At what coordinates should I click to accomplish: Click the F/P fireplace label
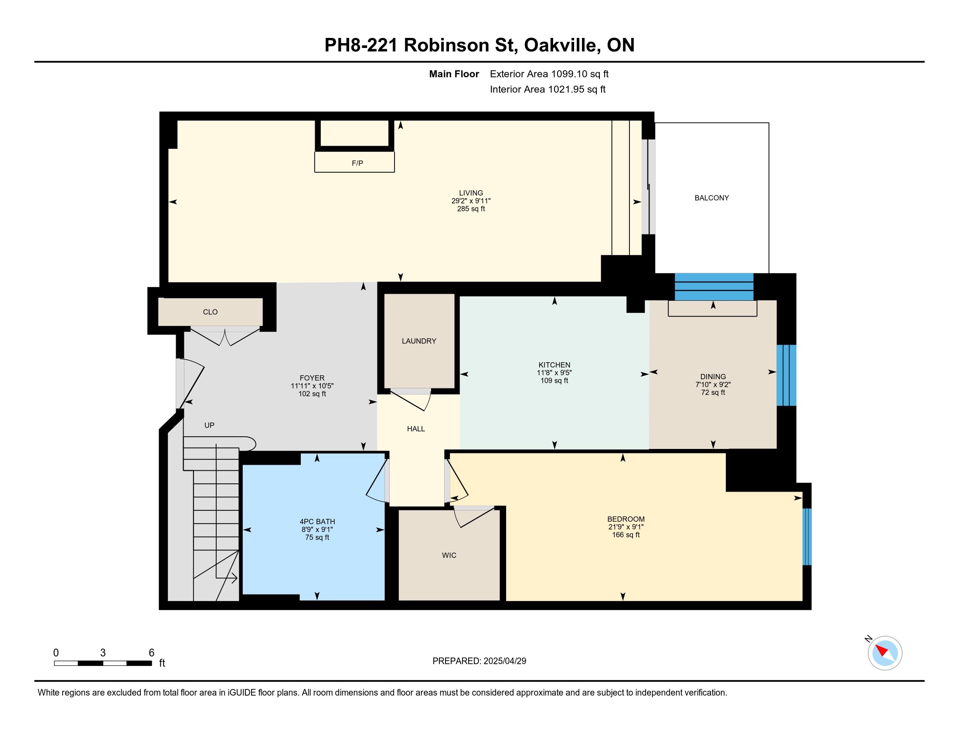tap(357, 163)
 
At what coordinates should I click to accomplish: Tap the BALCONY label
tap(711, 198)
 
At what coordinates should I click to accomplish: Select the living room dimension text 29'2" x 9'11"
tap(471, 201)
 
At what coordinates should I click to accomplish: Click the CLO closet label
tap(210, 312)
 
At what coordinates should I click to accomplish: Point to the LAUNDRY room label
tap(419, 341)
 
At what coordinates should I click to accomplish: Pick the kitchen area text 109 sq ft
tap(554, 381)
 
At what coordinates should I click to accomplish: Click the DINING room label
tap(713, 377)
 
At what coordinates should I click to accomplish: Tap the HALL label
tap(416, 429)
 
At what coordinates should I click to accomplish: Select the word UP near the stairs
tap(209, 425)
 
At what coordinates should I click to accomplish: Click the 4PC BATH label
tap(317, 521)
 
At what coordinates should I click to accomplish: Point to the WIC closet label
tap(449, 555)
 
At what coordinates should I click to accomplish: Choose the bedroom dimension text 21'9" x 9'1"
tap(626, 527)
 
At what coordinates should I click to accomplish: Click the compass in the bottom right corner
tap(885, 653)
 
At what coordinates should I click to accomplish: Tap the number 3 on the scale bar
tap(103, 653)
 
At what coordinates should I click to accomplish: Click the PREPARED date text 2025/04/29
tap(504, 661)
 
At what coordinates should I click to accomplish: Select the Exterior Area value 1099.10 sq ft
tap(580, 74)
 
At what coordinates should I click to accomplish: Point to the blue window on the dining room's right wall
tap(786, 375)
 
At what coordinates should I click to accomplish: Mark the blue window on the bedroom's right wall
tap(806, 537)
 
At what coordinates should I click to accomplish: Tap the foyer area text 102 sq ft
tap(312, 394)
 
